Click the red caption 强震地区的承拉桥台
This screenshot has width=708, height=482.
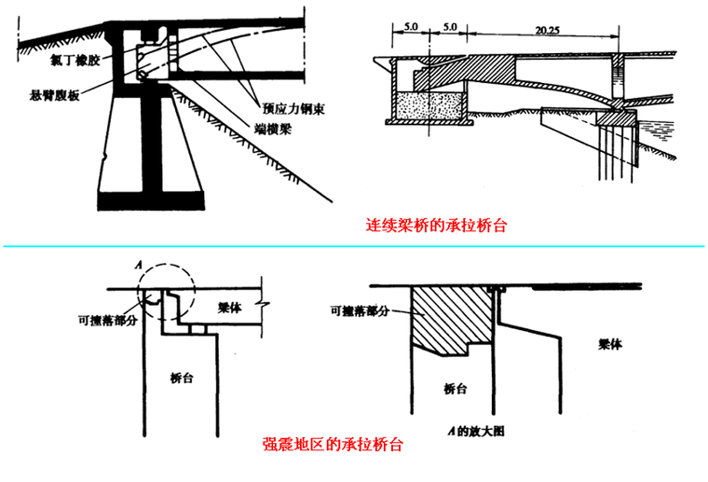click(x=333, y=445)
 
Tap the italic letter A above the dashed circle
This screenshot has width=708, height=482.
click(x=139, y=265)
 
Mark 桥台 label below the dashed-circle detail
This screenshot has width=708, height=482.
click(x=183, y=379)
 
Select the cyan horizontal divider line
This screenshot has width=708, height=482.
click(x=354, y=246)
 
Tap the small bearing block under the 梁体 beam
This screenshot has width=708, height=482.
click(x=197, y=329)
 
